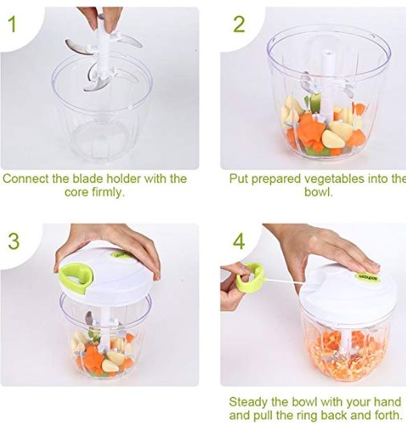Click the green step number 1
(x=12, y=24)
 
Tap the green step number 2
(x=239, y=24)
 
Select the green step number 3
(x=14, y=241)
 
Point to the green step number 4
(x=239, y=241)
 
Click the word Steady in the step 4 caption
(x=248, y=402)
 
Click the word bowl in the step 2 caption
(x=318, y=192)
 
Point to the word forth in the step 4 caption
(x=386, y=415)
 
